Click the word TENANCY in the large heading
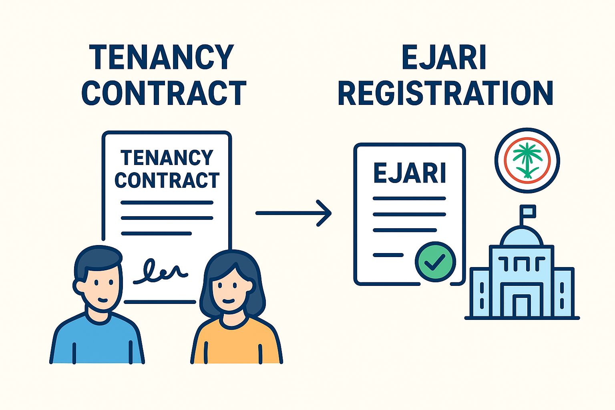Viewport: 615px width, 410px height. coord(161,58)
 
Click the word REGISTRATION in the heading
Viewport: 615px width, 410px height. coord(445,93)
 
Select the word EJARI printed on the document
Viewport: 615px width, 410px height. coord(410,173)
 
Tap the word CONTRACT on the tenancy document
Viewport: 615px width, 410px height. coord(167,180)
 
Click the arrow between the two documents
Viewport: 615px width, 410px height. coord(293,213)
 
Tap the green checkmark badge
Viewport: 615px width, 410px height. coord(435,262)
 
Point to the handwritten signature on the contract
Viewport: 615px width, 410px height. coord(160,271)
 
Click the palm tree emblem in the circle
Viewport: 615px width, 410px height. coord(527,160)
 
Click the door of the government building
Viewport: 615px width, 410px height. coord(522,306)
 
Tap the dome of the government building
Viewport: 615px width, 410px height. coord(522,237)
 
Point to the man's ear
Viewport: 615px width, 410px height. coord(78,285)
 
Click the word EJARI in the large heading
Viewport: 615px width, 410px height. coord(444,58)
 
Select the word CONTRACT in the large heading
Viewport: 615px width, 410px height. coord(164,93)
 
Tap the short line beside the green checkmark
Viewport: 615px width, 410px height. coord(388,255)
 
